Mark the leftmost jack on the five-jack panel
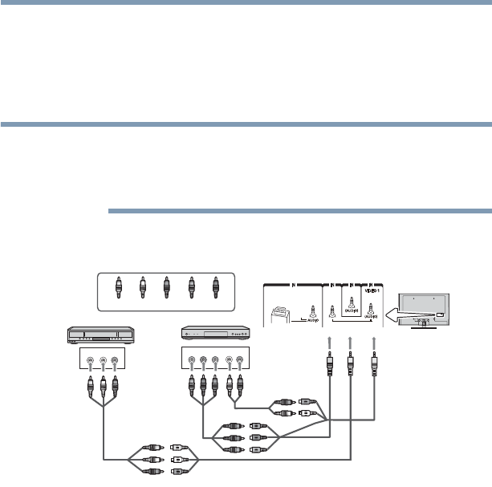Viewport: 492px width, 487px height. coord(190,360)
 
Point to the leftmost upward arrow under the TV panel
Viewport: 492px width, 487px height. coord(329,345)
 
